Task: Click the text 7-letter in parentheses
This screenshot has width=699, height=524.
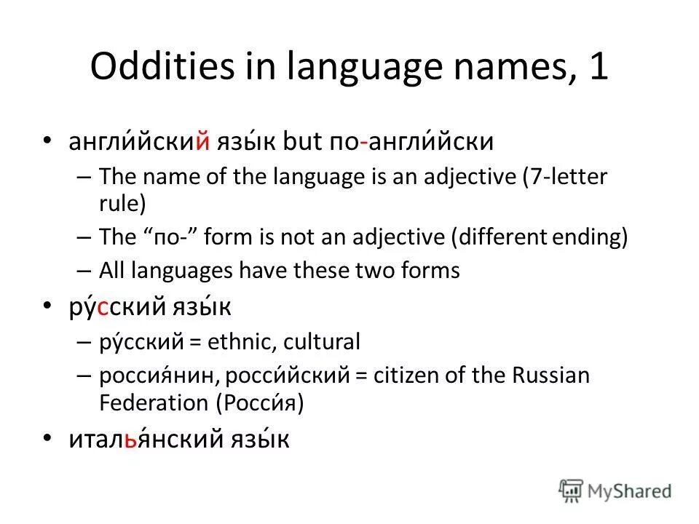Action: (568, 177)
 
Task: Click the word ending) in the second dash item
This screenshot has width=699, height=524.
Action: (593, 237)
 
